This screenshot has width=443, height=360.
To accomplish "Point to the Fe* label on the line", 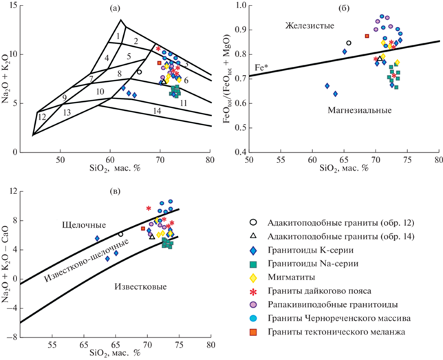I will coord(261,67).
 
